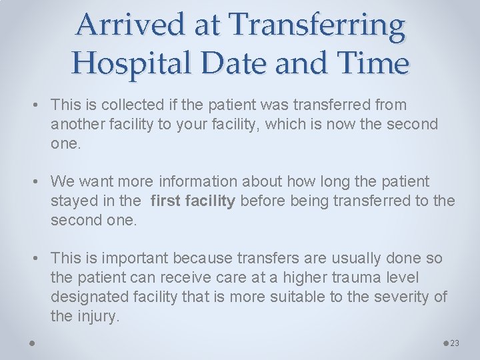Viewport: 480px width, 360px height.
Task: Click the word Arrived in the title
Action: coord(118,26)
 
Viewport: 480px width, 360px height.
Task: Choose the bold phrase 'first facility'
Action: coord(193,201)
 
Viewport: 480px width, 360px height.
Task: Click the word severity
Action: coord(403,297)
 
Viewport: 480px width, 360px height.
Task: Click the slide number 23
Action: coord(455,343)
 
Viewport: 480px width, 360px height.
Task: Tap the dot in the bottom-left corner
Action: coord(32,343)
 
